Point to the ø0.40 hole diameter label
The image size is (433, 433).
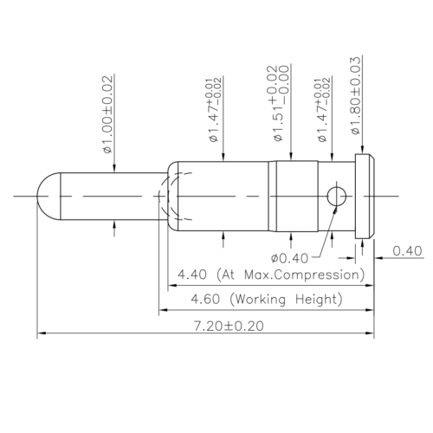(x=288, y=257)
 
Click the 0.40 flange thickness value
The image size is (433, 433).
(x=407, y=251)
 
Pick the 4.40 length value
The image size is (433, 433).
(x=193, y=275)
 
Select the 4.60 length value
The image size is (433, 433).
(x=193, y=299)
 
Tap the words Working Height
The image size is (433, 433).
(x=286, y=299)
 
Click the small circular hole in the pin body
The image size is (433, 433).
(x=336, y=198)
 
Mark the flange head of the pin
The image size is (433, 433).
(x=365, y=197)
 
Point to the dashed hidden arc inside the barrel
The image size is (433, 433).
(x=172, y=197)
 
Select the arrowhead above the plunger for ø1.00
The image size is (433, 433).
(x=115, y=168)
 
